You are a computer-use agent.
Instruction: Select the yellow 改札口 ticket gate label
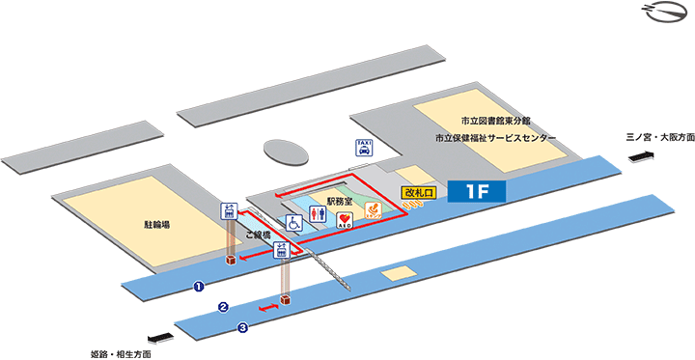[x=420, y=193]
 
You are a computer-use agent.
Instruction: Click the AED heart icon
[x=344, y=220]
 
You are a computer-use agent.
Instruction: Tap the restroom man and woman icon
[x=320, y=217]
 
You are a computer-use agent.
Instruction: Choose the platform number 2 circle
[x=223, y=308]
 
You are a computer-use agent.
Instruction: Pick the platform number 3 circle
[x=242, y=328]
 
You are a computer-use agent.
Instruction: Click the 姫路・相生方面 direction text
[x=123, y=353]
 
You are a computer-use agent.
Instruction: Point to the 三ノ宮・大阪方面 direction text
[x=659, y=138]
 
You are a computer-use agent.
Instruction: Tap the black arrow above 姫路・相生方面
[x=158, y=337]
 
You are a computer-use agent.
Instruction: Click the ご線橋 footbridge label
[x=258, y=235]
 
